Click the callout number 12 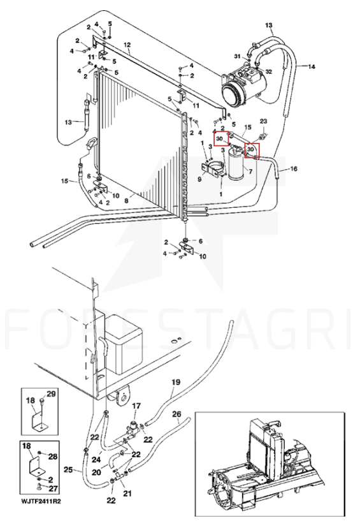point(127,45)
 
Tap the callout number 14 point(311,66)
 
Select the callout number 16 point(294,169)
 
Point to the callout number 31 point(237,57)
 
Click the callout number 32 point(269,71)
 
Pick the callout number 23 point(263,121)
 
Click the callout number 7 point(250,172)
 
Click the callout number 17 point(136,406)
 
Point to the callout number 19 point(176,382)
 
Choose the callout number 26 point(177,414)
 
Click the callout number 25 point(68,470)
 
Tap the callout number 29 point(51,394)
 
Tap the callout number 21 point(127,494)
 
